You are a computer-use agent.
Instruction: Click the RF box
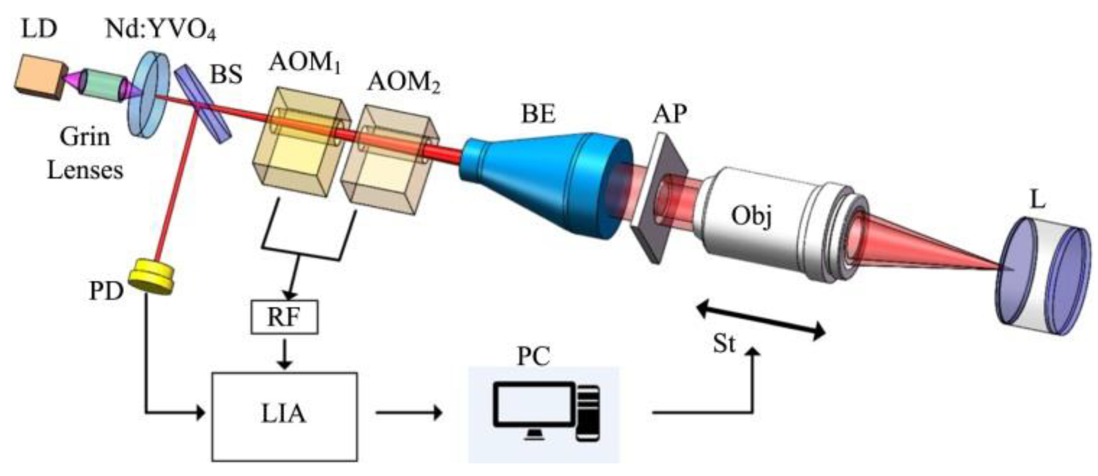click(x=284, y=317)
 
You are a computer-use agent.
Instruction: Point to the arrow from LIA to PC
click(x=408, y=413)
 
